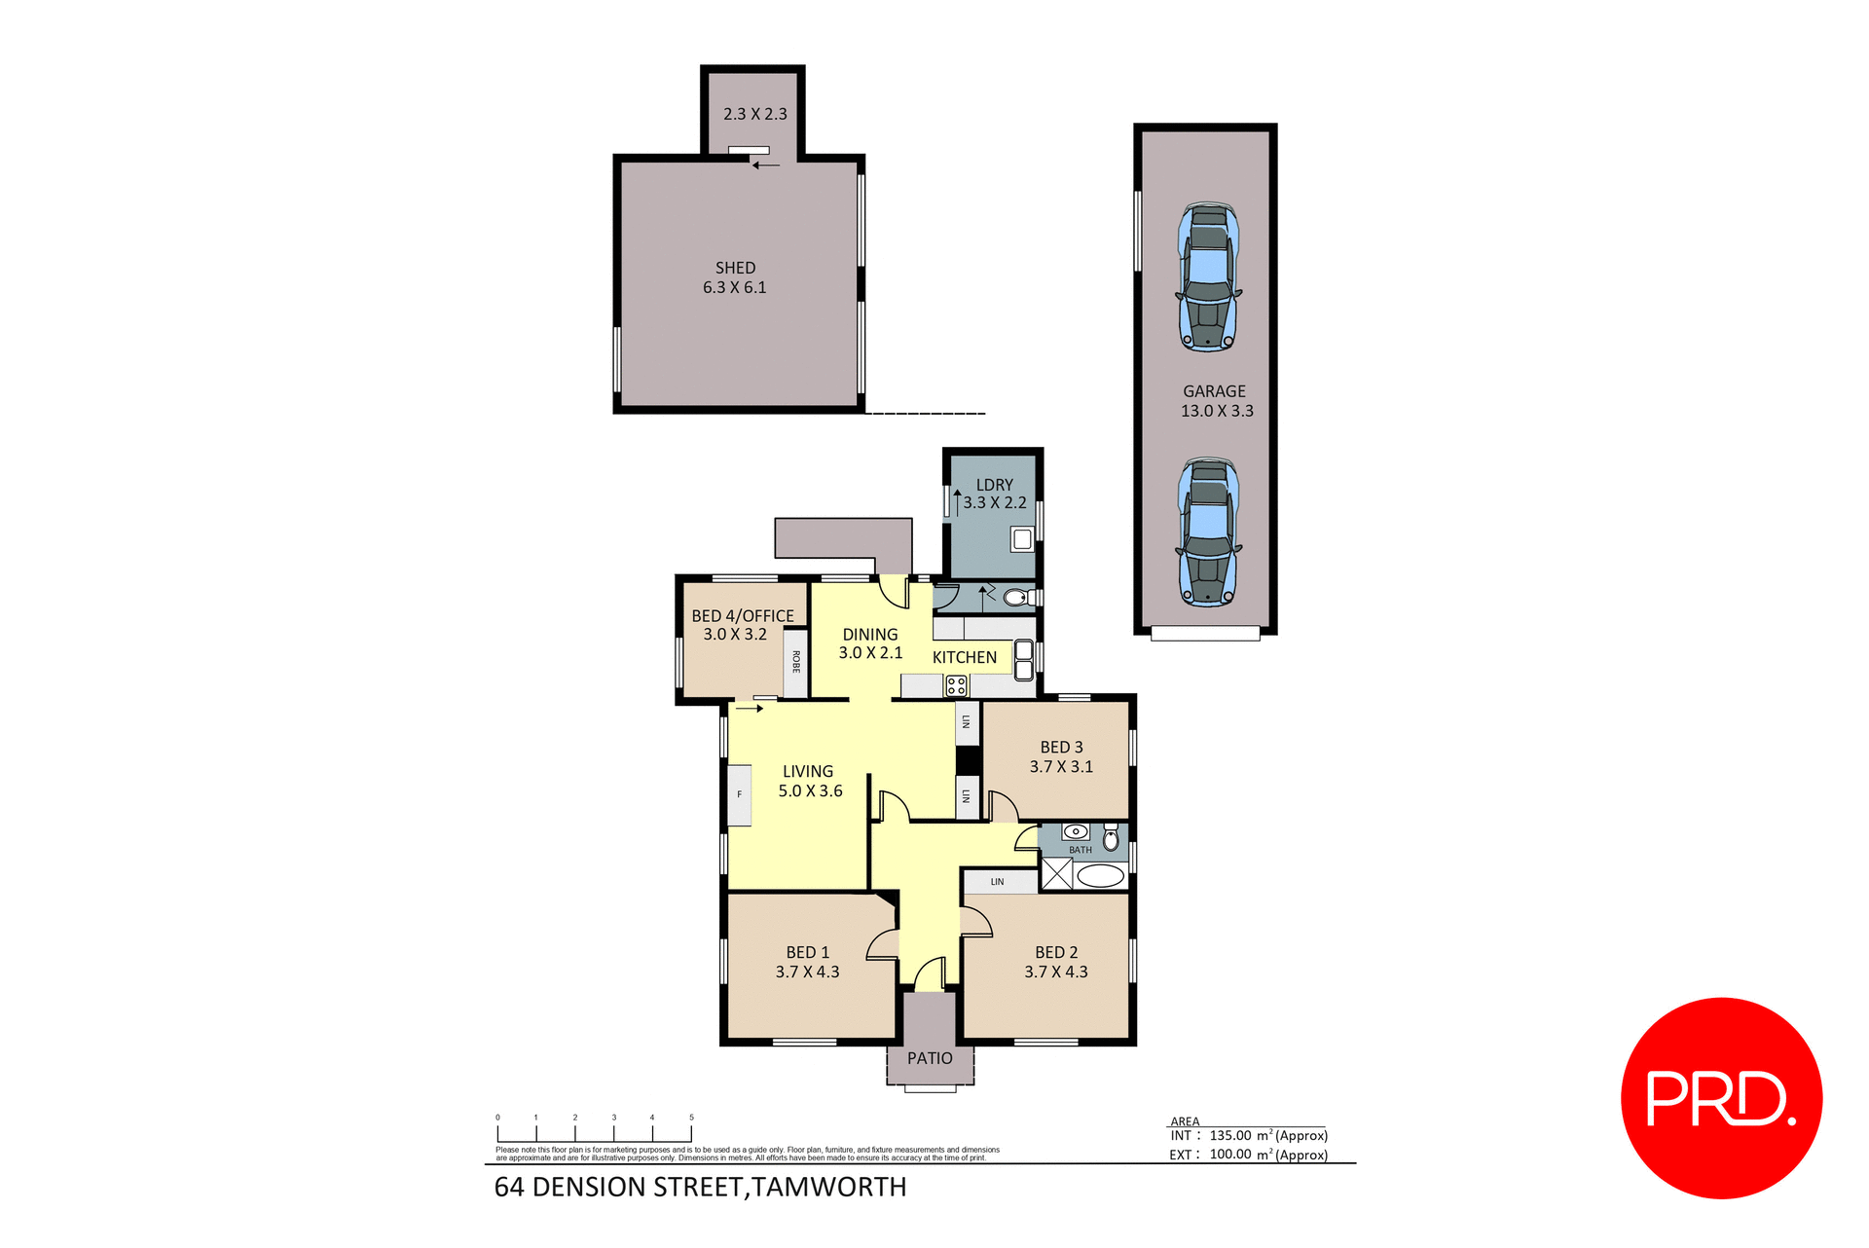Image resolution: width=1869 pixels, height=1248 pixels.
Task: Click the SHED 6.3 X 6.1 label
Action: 735,277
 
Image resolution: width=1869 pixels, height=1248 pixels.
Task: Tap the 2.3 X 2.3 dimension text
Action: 754,114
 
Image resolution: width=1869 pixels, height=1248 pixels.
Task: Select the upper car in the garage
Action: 1208,276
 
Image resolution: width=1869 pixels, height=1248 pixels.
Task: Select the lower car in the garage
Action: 1208,532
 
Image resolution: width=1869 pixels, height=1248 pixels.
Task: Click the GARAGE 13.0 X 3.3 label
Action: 1216,401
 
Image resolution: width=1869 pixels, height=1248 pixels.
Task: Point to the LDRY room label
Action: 994,485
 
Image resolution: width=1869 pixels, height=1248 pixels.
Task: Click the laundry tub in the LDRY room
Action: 1022,538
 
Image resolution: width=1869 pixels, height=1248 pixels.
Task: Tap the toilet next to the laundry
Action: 1016,597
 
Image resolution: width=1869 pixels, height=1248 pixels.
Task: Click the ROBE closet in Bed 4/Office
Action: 795,663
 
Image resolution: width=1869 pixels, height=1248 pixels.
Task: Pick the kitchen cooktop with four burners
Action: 956,685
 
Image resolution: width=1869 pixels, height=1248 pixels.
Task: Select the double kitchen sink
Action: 1023,659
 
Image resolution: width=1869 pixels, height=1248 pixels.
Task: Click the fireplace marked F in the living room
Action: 740,795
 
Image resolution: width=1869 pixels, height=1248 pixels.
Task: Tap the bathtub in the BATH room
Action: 1100,875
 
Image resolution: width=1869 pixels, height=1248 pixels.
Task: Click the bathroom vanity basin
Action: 1075,832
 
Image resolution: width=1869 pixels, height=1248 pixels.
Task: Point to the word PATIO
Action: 930,1058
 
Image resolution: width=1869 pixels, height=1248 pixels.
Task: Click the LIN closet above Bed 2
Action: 999,882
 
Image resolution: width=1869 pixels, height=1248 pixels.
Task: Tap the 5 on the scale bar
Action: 691,1118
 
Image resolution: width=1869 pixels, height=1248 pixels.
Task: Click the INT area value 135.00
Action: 1230,1136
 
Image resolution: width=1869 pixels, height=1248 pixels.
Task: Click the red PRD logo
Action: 1721,1098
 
